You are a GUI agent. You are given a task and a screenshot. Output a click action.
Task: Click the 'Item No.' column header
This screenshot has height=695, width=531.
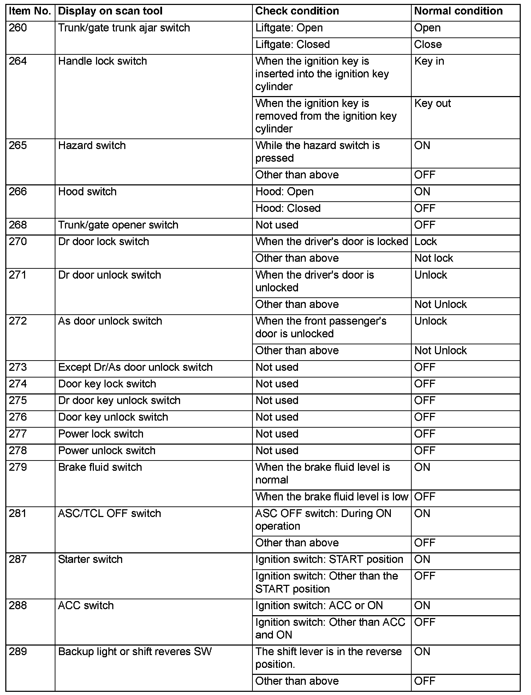[x=30, y=11]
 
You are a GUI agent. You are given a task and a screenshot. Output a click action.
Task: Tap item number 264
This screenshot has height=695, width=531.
[x=18, y=61]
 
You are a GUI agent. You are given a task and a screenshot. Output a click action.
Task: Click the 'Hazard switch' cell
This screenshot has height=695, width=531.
[x=92, y=145]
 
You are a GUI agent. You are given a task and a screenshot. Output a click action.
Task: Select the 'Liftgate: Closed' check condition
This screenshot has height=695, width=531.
[x=292, y=44]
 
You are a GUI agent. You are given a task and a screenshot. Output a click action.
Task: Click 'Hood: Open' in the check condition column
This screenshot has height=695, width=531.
[x=284, y=192]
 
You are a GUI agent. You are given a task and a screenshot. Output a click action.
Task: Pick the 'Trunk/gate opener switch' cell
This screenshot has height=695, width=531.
[x=118, y=225]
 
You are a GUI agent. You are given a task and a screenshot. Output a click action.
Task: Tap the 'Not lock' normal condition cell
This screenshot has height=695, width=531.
[x=434, y=258]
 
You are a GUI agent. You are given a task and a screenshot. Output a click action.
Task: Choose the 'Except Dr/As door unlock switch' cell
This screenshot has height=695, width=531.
[x=135, y=367]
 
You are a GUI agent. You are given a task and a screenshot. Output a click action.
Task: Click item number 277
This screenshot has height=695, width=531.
[x=18, y=434]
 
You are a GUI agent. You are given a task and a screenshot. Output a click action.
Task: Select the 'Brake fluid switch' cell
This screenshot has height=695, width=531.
[x=100, y=467]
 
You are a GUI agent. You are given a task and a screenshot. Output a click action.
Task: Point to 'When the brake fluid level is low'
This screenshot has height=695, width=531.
[x=332, y=497]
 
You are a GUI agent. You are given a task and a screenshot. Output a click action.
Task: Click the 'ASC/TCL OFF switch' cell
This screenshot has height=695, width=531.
[x=109, y=513]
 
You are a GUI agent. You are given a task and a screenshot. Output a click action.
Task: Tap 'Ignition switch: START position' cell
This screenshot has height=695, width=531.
[x=329, y=559]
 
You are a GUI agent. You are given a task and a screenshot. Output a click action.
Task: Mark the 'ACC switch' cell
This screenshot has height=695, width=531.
[x=86, y=606]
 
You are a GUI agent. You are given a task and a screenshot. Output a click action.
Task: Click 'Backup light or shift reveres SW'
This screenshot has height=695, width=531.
[x=135, y=652]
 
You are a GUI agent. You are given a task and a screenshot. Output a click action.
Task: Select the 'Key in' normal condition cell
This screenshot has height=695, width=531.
[x=429, y=61]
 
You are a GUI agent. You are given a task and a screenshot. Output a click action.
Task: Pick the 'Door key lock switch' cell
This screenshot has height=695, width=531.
[x=107, y=384]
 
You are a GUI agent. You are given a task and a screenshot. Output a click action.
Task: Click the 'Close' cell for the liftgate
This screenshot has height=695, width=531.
[x=428, y=44]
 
